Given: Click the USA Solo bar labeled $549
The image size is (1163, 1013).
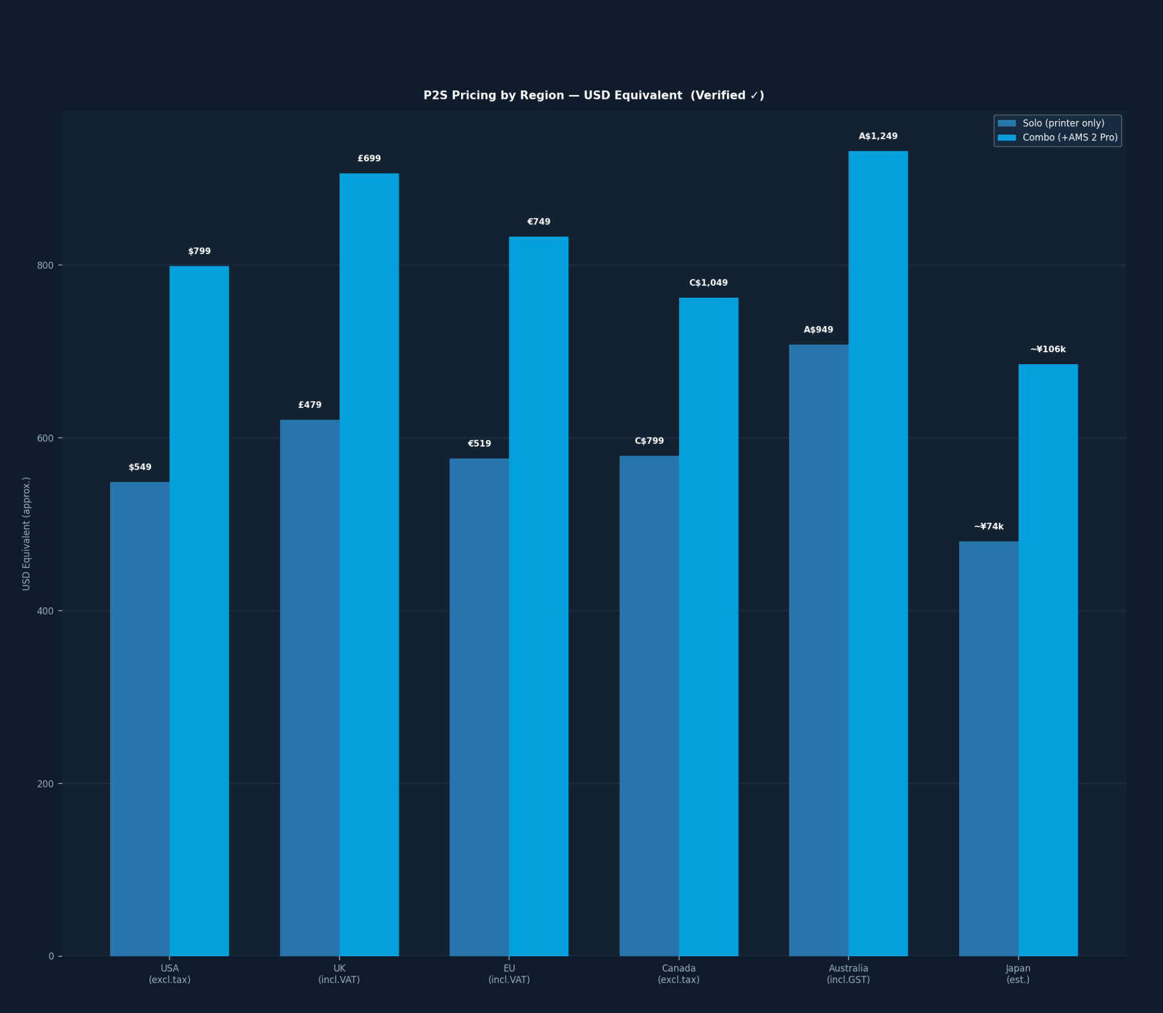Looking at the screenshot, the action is [x=140, y=719].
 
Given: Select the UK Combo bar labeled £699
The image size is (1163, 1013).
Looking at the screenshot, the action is [x=369, y=565].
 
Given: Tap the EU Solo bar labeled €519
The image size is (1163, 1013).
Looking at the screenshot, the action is [x=479, y=707].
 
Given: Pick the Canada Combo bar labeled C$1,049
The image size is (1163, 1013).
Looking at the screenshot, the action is [x=709, y=627].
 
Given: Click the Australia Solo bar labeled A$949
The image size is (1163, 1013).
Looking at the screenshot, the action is [x=819, y=650].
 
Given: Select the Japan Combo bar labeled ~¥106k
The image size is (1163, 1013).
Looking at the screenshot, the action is [x=1048, y=660].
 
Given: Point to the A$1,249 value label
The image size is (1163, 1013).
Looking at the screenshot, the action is [x=878, y=136].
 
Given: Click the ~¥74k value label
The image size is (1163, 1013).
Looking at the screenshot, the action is [x=989, y=527].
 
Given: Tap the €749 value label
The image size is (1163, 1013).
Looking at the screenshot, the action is [x=538, y=222].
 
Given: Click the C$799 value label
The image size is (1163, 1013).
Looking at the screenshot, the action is [x=649, y=441].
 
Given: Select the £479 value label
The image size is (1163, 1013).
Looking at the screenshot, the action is [x=309, y=405].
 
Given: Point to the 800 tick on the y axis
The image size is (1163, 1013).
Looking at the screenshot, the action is [x=45, y=265].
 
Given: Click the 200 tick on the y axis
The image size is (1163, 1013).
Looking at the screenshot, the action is [x=45, y=783].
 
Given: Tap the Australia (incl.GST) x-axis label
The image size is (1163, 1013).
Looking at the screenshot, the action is [x=848, y=974].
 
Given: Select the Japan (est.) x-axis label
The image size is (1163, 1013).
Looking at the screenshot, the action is [x=1018, y=974].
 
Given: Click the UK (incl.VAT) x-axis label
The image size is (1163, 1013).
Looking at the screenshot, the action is [x=339, y=974].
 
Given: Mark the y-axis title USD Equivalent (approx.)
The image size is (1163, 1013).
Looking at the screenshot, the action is [x=26, y=533].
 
